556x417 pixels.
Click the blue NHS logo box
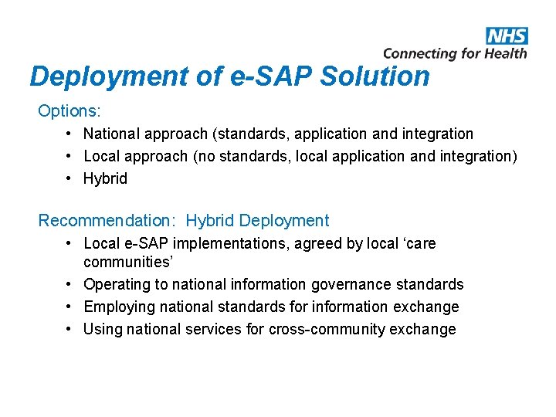coord(507,36)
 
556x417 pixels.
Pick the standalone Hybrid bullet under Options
coord(105,178)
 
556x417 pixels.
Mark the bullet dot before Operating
coord(69,284)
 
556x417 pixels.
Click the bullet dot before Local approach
coord(69,157)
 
